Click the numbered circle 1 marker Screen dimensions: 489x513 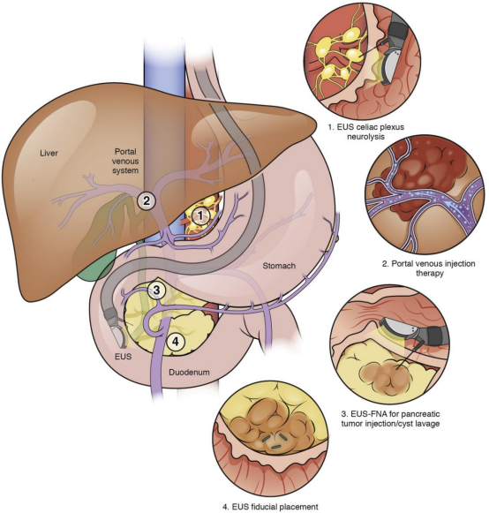tap(200, 216)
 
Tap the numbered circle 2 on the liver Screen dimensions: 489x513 tap(147, 200)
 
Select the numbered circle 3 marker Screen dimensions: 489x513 tap(156, 290)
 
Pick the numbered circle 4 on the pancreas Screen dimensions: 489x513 tap(176, 342)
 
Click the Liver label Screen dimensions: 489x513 tap(49, 153)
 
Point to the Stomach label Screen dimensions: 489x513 tap(279, 266)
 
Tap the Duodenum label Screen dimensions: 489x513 tap(189, 372)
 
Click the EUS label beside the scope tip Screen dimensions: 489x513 tap(123, 356)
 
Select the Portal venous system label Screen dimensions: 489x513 tap(125, 161)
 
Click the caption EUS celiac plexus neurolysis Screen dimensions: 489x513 tap(366, 132)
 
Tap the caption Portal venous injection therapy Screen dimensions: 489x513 tap(429, 268)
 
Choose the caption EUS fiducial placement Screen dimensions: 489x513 tap(270, 507)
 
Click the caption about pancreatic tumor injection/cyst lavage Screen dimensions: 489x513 tap(390, 419)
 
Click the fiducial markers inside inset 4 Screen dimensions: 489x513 tap(275, 440)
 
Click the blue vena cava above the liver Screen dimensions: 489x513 tap(164, 65)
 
